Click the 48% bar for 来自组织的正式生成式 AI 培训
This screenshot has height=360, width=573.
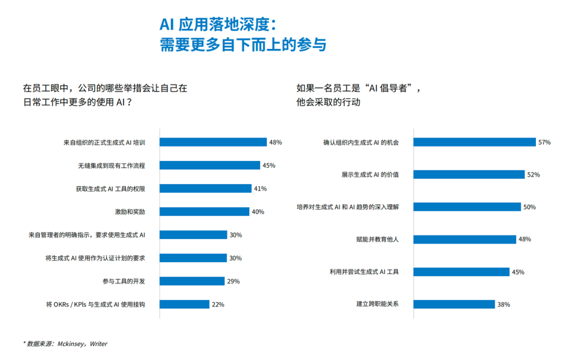tap(213, 142)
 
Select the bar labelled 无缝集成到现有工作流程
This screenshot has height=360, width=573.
tap(210, 166)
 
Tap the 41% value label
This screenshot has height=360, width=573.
tap(260, 188)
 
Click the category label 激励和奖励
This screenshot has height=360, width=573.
tap(130, 212)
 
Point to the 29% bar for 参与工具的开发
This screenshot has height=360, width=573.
tap(192, 281)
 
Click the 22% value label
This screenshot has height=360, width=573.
tap(218, 305)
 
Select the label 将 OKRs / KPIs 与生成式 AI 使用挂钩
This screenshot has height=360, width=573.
tap(95, 305)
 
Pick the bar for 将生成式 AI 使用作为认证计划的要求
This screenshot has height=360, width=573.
tap(194, 258)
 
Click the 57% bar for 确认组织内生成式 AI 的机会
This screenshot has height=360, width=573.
tap(475, 142)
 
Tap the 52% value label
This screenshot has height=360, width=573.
tap(533, 175)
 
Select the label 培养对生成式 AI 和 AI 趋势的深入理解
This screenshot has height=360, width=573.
tap(348, 207)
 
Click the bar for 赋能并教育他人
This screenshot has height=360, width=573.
tap(465, 239)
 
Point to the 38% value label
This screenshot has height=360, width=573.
tap(503, 305)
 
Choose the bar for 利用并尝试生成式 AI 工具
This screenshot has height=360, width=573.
tap(462, 272)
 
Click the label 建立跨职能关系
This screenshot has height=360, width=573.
tap(377, 304)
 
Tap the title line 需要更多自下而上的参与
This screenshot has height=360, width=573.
tap(242, 45)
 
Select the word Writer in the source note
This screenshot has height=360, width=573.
tap(99, 344)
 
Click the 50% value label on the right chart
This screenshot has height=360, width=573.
tap(529, 207)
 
